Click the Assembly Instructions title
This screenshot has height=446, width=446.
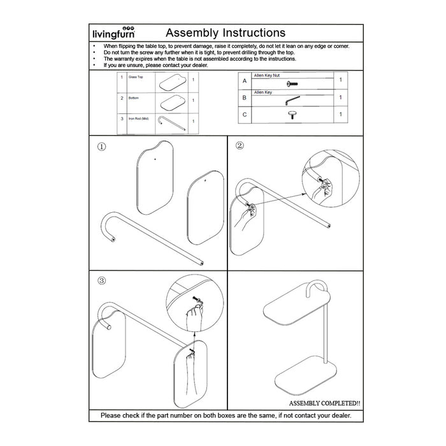[225, 32]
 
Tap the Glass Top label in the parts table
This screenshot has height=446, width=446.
[136, 77]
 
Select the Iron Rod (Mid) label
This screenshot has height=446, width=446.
[138, 119]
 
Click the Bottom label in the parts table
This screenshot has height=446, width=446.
[133, 98]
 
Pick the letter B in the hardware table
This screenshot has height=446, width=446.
[244, 97]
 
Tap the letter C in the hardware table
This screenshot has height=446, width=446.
[244, 115]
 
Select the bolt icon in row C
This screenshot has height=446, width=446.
[292, 115]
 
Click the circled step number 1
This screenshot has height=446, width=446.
[101, 146]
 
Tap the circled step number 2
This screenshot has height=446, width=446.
[240, 145]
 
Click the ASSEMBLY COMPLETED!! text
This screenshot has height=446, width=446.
[324, 403]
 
